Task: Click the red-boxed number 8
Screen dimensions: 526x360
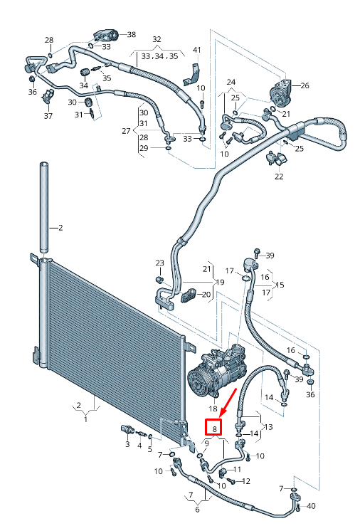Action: [214, 428]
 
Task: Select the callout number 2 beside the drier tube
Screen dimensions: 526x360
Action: [60, 228]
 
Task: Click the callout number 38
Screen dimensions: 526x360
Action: [131, 34]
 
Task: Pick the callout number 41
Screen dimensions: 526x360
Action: [197, 50]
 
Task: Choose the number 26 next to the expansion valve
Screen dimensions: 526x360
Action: [305, 86]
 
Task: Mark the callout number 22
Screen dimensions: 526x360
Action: [279, 176]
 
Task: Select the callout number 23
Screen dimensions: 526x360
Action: [159, 263]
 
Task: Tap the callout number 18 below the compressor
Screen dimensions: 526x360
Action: [213, 409]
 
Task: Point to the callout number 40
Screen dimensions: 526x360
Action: [310, 506]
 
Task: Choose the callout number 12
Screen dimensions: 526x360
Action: [247, 481]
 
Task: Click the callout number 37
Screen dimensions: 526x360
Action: [48, 116]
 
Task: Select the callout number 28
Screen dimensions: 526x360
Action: [49, 40]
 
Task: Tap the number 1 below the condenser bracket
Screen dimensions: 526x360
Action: [85, 420]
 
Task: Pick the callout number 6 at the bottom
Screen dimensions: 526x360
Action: [198, 509]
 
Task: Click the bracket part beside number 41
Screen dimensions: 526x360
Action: [194, 73]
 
